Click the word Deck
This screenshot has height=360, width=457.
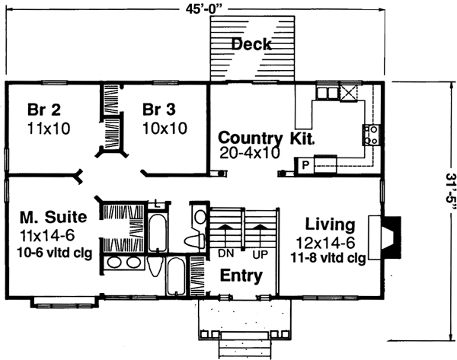tap(252, 44)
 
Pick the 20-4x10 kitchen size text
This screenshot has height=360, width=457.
tap(249, 152)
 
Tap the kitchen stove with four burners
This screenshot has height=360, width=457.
tap(372, 135)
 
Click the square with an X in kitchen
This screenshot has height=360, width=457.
tap(350, 94)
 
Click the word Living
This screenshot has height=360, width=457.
tap(329, 225)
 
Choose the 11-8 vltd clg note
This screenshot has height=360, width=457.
tap(329, 258)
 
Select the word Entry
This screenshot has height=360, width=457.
tap(241, 276)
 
